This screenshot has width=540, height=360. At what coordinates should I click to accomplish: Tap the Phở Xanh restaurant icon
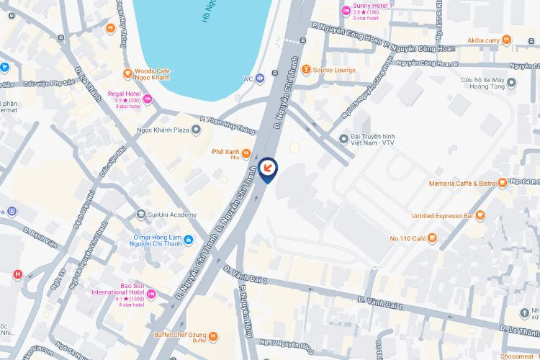click(246, 153)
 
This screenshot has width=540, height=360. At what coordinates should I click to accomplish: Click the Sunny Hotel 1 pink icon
click(346, 10)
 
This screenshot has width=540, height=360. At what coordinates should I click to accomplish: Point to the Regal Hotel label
click(124, 93)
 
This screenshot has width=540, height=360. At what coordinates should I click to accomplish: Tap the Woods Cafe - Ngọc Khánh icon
click(128, 72)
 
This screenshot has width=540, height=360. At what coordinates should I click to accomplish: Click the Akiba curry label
click(483, 40)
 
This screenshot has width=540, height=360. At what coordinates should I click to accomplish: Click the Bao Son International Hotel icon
click(151, 294)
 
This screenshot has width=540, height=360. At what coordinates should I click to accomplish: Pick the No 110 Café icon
click(432, 238)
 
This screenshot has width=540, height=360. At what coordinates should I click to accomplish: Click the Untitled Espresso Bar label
click(443, 215)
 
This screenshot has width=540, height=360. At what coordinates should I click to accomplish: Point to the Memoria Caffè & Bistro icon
click(503, 184)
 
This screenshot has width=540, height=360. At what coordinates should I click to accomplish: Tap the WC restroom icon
click(260, 78)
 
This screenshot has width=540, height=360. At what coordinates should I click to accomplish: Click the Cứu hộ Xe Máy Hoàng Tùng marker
click(511, 83)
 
